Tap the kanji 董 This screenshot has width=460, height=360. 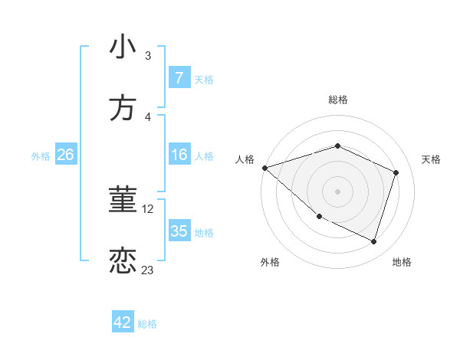(123, 199)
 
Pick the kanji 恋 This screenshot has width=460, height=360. (123, 260)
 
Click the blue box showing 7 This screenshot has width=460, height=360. (179, 78)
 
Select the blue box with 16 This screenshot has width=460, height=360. (179, 155)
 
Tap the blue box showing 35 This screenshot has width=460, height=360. (179, 231)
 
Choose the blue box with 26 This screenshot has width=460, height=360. (65, 155)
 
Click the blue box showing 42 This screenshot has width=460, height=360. (123, 322)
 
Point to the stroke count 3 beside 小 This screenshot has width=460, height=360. (147, 55)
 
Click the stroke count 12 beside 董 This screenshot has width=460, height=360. (149, 208)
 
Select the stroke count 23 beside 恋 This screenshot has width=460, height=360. (148, 270)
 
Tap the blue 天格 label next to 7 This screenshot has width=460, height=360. (204, 79)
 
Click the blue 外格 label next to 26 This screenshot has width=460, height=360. (41, 156)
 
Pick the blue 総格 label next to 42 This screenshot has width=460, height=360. (147, 323)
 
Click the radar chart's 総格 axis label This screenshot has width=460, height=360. (337, 100)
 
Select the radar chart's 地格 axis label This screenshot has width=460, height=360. (402, 262)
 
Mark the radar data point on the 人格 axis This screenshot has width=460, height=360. (264, 168)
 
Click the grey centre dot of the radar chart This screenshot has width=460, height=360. (337, 191)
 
